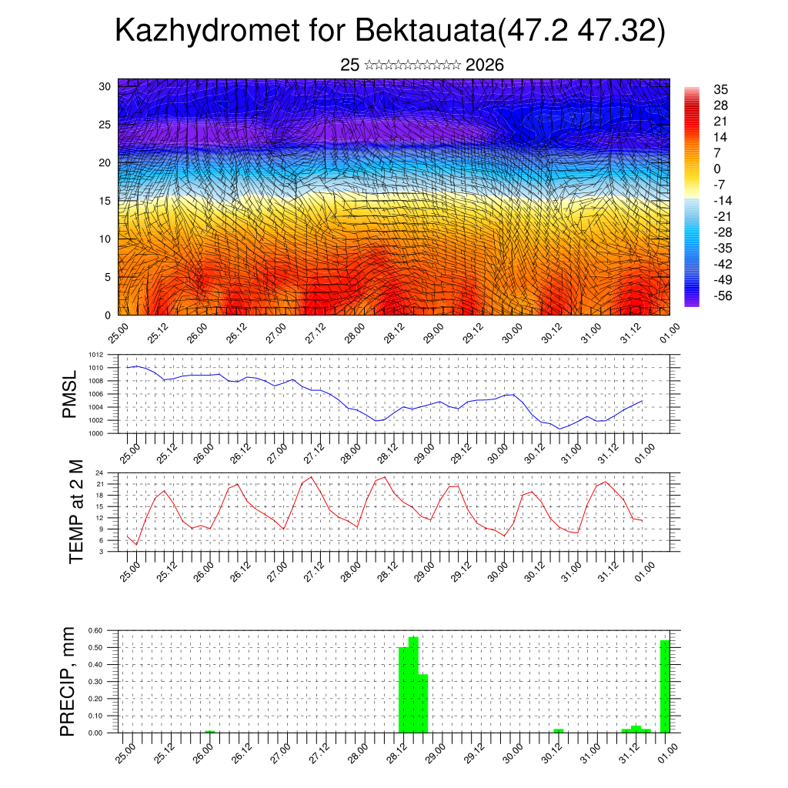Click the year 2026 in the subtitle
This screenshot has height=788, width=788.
[x=485, y=65]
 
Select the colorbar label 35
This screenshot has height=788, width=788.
[x=721, y=89]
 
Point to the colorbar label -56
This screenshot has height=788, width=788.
[x=722, y=295]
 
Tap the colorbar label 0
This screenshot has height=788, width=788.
[x=717, y=169]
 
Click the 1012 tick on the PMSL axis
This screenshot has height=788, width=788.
[x=96, y=356]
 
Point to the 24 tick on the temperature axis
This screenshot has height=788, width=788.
[x=99, y=472]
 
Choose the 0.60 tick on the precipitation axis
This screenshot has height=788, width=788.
[x=95, y=630]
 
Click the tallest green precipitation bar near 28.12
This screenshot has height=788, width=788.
[x=413, y=685]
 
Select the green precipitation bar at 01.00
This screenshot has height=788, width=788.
[x=665, y=686]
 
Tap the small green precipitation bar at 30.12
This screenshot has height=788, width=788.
[x=558, y=730]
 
